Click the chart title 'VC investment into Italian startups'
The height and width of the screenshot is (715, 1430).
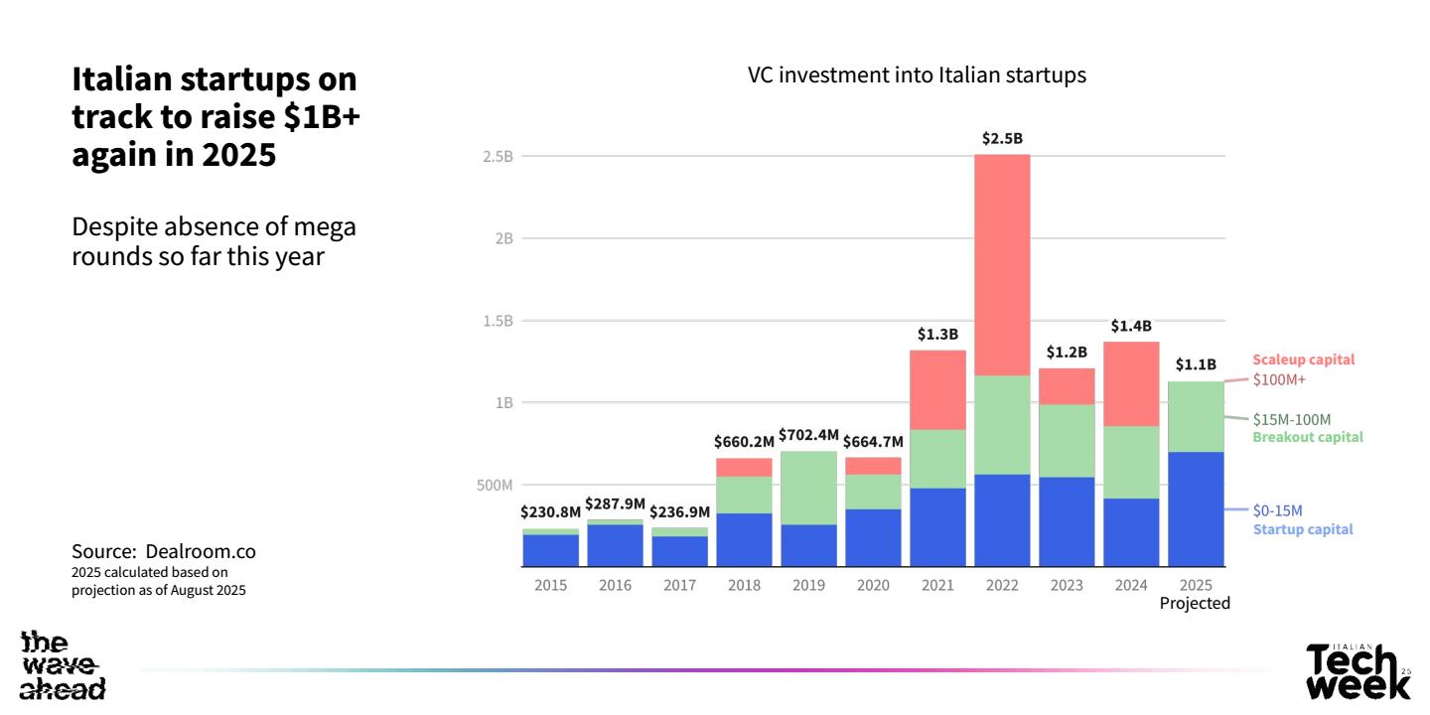coord(917,76)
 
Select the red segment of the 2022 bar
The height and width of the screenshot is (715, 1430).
coord(1002,264)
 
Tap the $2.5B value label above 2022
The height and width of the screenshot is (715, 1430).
coord(1002,139)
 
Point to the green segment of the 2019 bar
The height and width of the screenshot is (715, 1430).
coord(808,488)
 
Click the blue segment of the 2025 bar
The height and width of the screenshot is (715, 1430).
coord(1196,508)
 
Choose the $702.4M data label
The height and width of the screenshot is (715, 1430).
coord(808,435)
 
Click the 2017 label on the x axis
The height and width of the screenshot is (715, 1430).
coord(679,585)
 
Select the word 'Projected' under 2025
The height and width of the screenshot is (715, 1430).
coord(1195,603)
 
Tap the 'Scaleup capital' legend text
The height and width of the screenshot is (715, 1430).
coord(1303,359)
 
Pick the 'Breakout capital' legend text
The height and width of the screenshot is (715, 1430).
coord(1307,437)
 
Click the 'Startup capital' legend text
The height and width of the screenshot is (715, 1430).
coord(1302,529)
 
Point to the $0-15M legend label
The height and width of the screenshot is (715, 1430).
coord(1277,510)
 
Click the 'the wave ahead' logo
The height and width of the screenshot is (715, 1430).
coord(63,665)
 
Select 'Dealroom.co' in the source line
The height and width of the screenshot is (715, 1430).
coord(201,550)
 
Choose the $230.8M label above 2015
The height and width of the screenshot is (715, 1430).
coord(550,512)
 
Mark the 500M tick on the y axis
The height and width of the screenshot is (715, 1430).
coord(493,486)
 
